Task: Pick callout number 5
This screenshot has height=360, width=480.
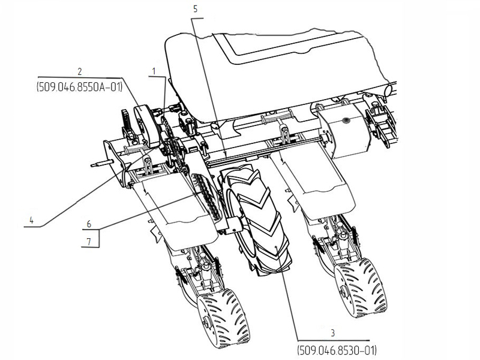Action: tap(195, 9)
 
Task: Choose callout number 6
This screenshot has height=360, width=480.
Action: tap(89, 223)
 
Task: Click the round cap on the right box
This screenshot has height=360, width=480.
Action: tap(346, 121)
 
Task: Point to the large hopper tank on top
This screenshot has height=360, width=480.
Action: tap(270, 66)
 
